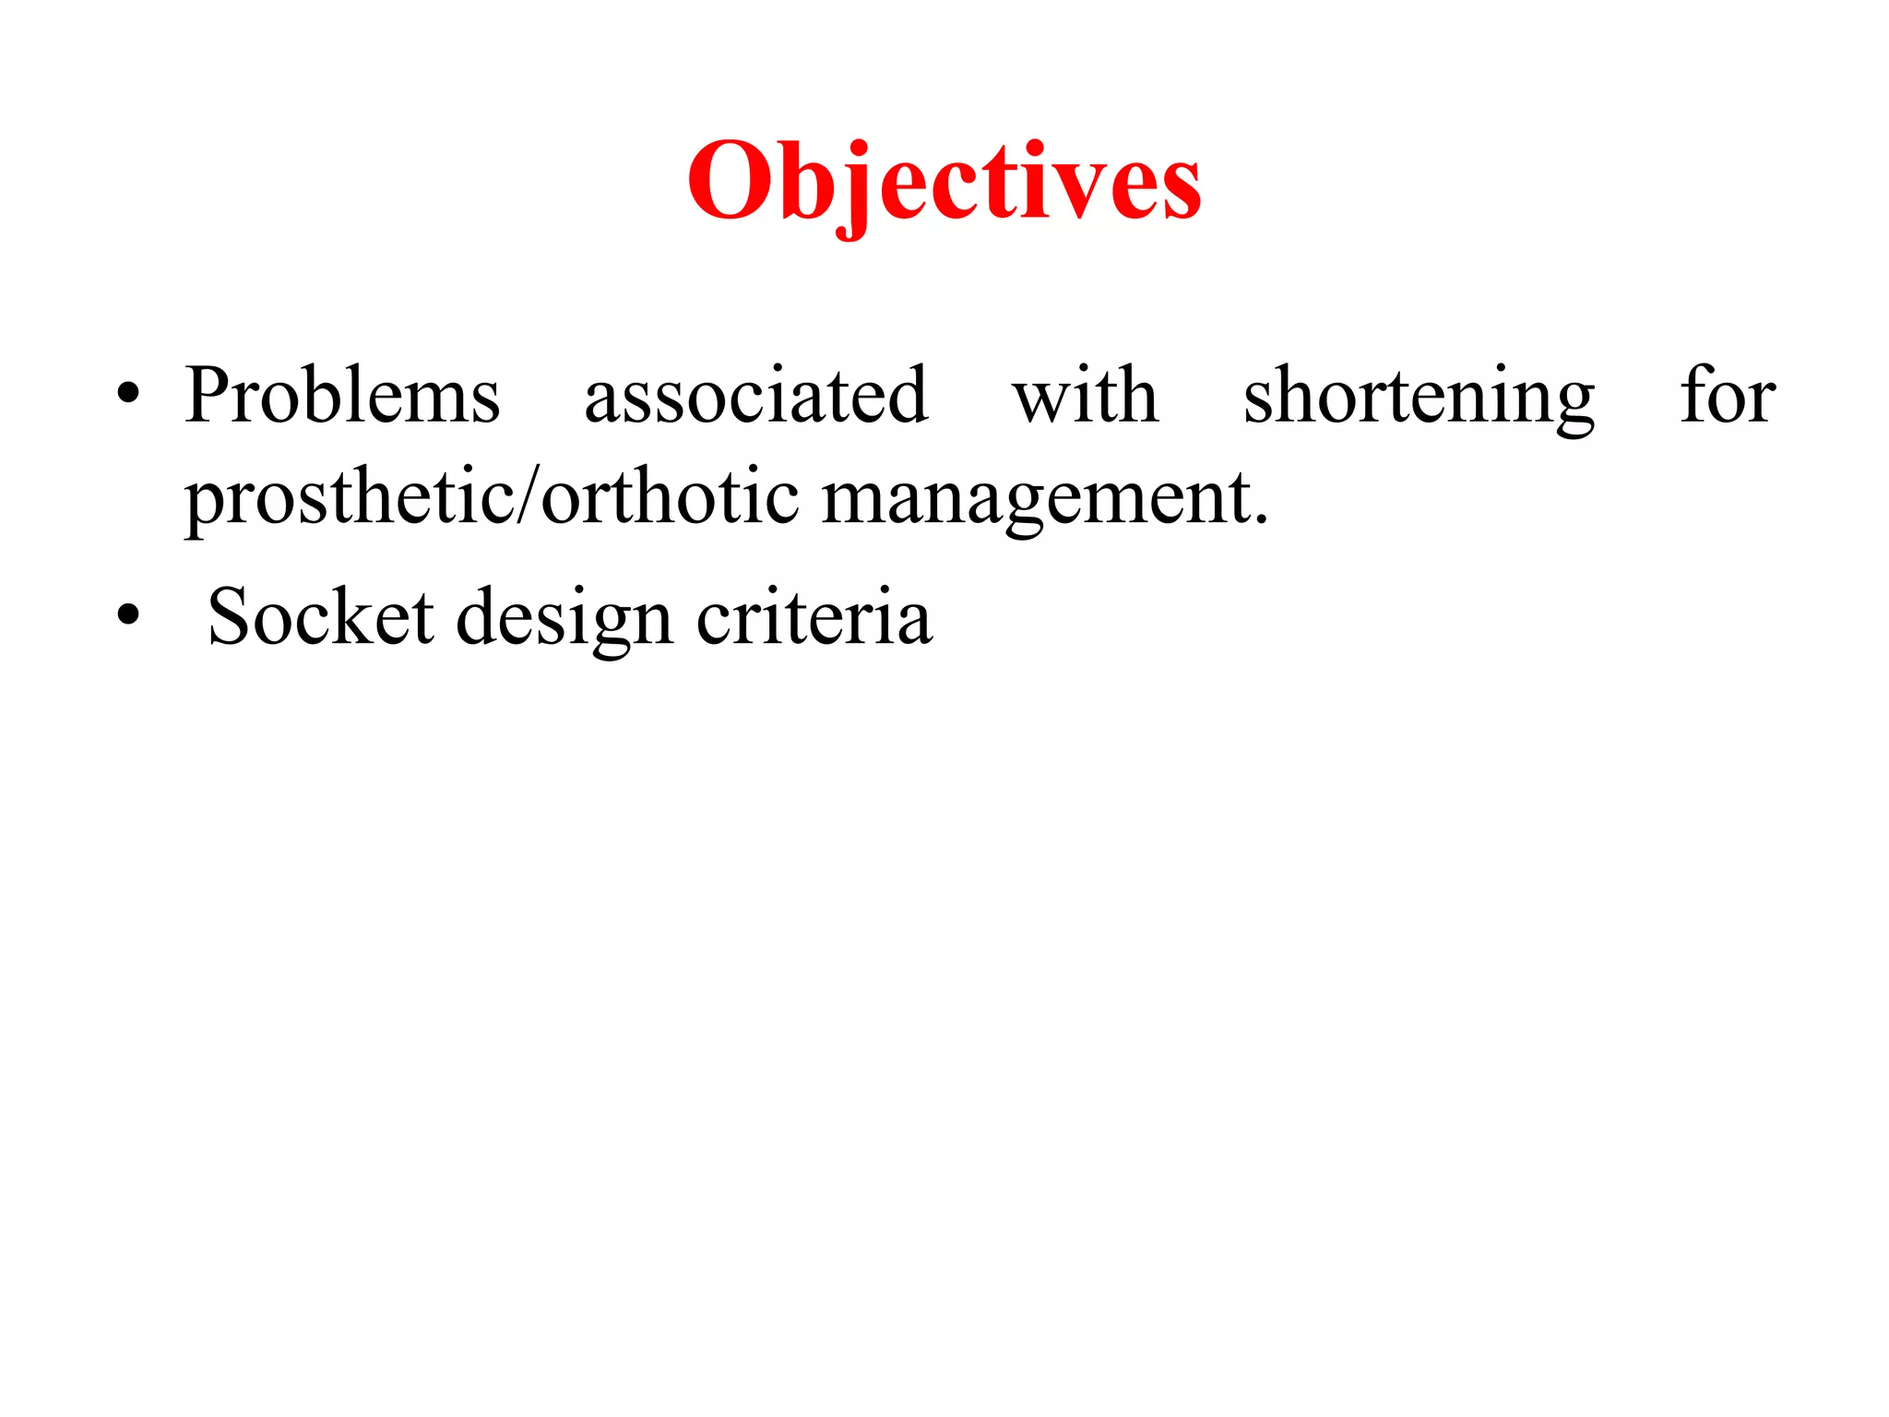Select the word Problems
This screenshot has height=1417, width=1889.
[x=342, y=397]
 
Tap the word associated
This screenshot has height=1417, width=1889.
[x=756, y=397]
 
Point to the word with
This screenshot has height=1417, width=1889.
[x=1085, y=397]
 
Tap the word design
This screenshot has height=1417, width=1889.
[x=564, y=618]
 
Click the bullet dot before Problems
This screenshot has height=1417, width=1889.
[x=128, y=398]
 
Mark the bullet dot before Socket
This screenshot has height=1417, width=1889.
[x=128, y=616]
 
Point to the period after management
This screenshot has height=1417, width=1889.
[x=1261, y=520]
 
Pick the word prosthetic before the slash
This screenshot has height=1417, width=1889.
[x=350, y=498]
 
